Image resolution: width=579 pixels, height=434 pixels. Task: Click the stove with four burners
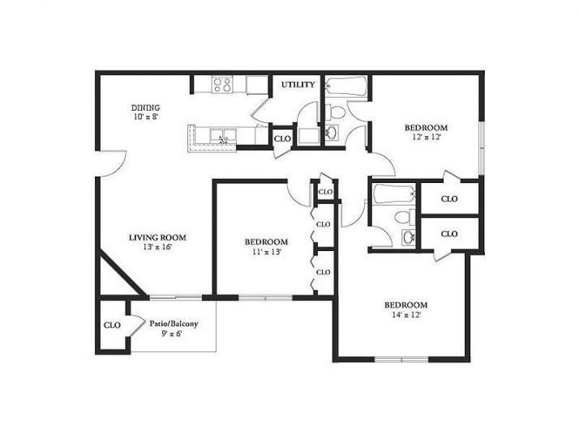click(x=221, y=83)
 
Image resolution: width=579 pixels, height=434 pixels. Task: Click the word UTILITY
click(x=298, y=84)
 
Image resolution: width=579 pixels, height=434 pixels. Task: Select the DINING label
click(x=146, y=107)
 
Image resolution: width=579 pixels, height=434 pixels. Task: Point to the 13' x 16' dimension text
click(x=156, y=247)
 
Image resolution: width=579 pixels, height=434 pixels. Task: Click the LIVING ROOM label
click(x=157, y=237)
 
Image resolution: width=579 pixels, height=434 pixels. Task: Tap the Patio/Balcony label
click(x=174, y=324)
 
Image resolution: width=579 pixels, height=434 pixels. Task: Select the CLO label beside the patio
click(x=112, y=325)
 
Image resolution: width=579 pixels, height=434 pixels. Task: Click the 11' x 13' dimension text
click(x=266, y=252)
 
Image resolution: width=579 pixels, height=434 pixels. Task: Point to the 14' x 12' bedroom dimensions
click(x=405, y=315)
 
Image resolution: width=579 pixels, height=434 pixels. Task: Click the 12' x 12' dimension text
click(x=426, y=138)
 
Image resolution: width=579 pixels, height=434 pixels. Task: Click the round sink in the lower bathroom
click(x=408, y=236)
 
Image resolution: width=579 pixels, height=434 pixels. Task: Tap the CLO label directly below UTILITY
click(x=282, y=138)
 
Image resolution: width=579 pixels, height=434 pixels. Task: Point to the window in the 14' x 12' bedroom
click(x=401, y=359)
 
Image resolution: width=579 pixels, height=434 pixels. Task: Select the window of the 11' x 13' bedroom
click(x=265, y=298)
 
